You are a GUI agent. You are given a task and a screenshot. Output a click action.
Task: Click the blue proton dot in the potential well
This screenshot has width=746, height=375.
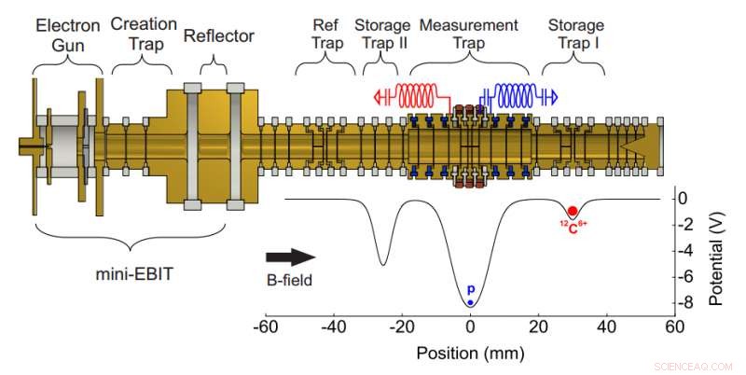click(470, 301)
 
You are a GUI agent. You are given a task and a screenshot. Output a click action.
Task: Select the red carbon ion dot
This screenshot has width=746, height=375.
click(572, 211)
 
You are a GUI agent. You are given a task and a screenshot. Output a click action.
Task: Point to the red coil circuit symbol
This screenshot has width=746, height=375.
click(410, 94)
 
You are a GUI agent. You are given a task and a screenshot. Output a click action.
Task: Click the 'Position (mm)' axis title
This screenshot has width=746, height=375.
click(470, 354)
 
